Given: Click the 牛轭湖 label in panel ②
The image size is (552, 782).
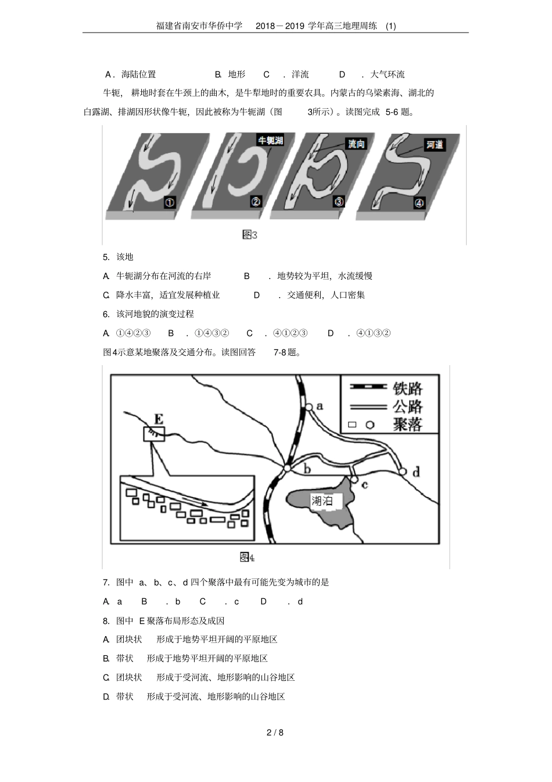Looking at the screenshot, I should point(270,140).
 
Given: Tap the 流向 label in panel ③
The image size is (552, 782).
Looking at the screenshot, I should point(356,144).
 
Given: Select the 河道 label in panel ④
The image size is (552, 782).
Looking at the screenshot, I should point(435,145).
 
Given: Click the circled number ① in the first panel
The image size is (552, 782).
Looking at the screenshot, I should point(170,202).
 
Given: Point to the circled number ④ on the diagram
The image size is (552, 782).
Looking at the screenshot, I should point(420,203).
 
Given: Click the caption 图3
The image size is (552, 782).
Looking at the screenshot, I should point(249,235).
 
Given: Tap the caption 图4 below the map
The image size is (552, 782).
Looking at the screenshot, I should point(247,558).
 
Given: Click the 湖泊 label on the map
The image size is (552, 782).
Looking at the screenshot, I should point(322,501).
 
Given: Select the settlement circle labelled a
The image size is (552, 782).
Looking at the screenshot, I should point(310,407).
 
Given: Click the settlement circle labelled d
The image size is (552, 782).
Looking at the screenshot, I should point(403,471).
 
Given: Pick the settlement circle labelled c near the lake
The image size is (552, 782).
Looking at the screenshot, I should point(354,479).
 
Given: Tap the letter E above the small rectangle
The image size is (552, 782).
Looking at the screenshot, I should point(158,419).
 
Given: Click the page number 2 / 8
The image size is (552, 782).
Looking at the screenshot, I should point(275,733).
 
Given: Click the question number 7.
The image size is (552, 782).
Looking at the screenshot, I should point(106,582).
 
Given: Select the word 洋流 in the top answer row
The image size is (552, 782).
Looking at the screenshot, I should point(300,74).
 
